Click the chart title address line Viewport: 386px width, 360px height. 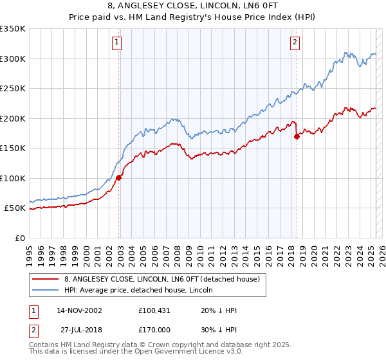(x=192, y=6)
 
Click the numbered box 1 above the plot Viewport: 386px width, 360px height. (x=117, y=43)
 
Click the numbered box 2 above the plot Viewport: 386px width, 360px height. (x=295, y=43)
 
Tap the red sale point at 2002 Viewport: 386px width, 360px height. (x=119, y=178)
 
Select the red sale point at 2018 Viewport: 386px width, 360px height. (x=297, y=136)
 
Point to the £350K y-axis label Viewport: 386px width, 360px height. (x=13, y=29)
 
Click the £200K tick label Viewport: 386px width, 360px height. (x=13, y=118)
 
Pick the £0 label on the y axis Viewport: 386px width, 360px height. (x=21, y=238)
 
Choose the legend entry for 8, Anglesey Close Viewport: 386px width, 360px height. (x=160, y=280)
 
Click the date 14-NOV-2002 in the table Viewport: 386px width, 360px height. (x=80, y=310)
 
